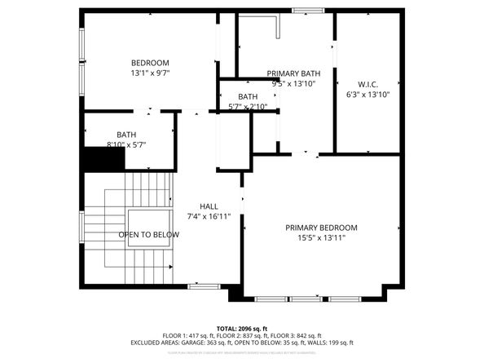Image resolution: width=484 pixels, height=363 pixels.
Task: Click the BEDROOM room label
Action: click(x=150, y=63)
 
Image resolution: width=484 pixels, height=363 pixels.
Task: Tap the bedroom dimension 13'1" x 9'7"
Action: click(x=150, y=73)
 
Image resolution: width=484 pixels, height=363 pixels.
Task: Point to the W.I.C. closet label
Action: click(x=367, y=84)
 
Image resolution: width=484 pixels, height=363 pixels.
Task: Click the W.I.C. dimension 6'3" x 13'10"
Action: click(x=367, y=94)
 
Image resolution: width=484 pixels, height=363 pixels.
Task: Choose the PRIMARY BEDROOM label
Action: click(x=321, y=228)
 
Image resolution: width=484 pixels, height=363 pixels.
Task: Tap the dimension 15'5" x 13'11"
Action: click(x=321, y=237)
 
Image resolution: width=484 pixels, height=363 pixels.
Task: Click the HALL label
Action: click(x=209, y=207)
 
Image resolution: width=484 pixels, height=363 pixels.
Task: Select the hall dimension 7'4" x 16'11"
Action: click(x=209, y=217)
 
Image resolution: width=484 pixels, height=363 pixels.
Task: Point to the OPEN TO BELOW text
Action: click(x=148, y=235)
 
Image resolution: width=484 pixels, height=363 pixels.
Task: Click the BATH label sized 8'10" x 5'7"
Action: click(x=126, y=135)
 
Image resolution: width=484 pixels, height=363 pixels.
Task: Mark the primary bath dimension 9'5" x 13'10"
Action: click(x=293, y=83)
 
